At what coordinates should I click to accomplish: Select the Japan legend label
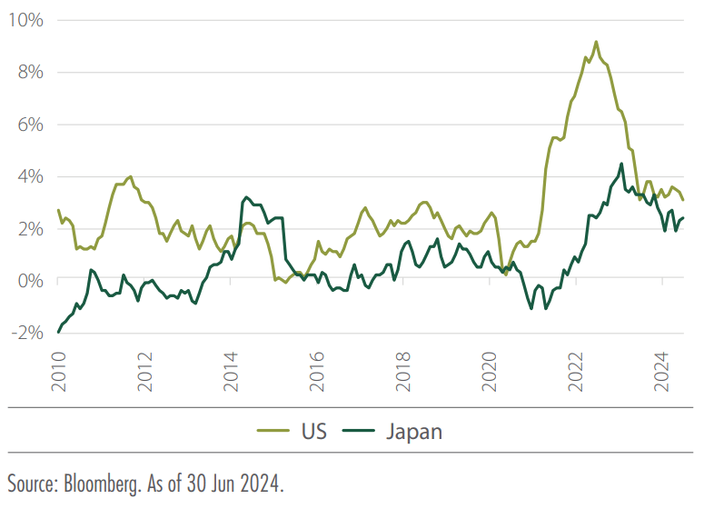(411, 430)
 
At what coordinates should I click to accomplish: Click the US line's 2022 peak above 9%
(596, 42)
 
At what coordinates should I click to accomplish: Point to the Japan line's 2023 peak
(621, 165)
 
